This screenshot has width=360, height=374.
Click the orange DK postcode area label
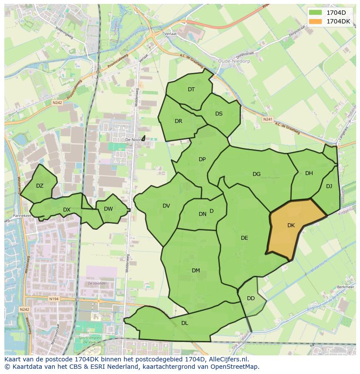point(291,225)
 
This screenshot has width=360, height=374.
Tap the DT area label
point(191,89)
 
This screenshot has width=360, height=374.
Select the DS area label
point(219,114)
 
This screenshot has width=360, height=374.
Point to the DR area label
point(178,121)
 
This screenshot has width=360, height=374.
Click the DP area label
point(202,159)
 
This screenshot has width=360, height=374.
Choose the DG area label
point(257,174)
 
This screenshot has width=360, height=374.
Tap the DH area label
point(309,173)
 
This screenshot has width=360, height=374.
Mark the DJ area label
point(329,186)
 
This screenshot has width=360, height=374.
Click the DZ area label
point(40,186)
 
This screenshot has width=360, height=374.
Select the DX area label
point(67,210)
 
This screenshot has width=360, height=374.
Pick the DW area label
point(108,209)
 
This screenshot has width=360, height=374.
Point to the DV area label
point(166,206)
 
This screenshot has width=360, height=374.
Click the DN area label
point(203,214)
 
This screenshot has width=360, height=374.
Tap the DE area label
point(244,238)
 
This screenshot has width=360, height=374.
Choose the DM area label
point(196,271)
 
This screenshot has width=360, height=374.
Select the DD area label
point(251,298)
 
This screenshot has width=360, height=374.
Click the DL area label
point(185,323)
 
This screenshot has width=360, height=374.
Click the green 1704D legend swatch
point(316,12)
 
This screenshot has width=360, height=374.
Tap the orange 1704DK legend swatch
point(316,21)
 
